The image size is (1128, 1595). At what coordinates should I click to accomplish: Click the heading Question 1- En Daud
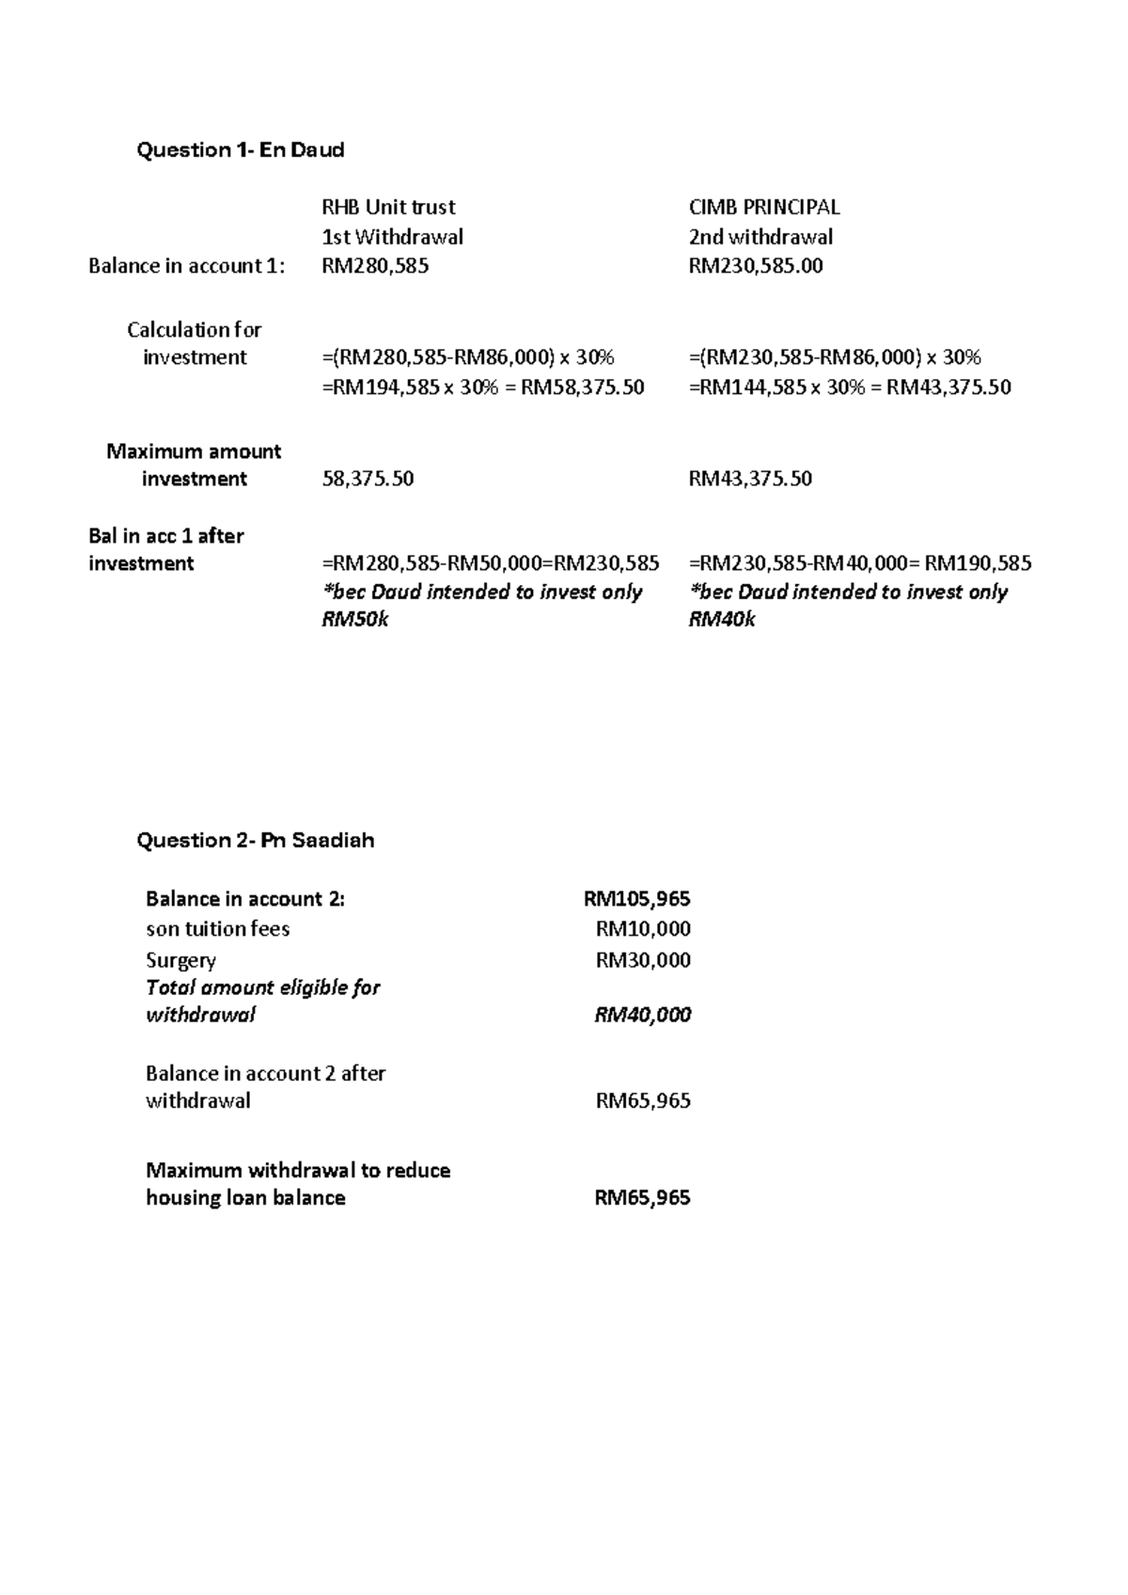[x=241, y=150]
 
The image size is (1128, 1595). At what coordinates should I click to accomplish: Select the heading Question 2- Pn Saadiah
[x=256, y=841]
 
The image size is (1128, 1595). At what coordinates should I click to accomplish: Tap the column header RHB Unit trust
[x=388, y=207]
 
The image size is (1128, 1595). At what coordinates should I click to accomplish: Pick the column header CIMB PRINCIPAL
[x=764, y=207]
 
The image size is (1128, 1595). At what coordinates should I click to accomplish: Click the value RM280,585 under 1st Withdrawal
[x=375, y=266]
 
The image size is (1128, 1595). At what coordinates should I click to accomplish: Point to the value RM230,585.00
[x=756, y=266]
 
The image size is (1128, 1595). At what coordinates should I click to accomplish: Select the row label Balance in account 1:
[x=186, y=266]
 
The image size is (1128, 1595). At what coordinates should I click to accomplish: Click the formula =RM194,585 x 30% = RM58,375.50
[x=483, y=387]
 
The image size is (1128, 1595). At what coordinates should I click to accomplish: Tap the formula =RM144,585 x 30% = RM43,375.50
[x=850, y=387]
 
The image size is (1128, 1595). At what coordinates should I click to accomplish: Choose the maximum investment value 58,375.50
[x=368, y=480]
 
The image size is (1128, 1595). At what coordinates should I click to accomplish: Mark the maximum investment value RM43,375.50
[x=750, y=480]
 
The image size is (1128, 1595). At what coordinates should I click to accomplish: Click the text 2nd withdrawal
[x=760, y=237]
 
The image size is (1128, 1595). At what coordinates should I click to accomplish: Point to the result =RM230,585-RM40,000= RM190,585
[x=860, y=564]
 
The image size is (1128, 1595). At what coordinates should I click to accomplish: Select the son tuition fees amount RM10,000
[x=643, y=929]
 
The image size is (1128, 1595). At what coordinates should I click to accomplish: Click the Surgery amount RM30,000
[x=643, y=960]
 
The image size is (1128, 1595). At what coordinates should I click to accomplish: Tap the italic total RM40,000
[x=643, y=1015]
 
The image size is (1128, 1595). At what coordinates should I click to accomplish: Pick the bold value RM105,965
[x=637, y=899]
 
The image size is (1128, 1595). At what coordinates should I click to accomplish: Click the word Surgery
[x=180, y=961]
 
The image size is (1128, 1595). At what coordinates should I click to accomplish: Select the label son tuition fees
[x=217, y=929]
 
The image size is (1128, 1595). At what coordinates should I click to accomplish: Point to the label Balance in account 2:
[x=245, y=899]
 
